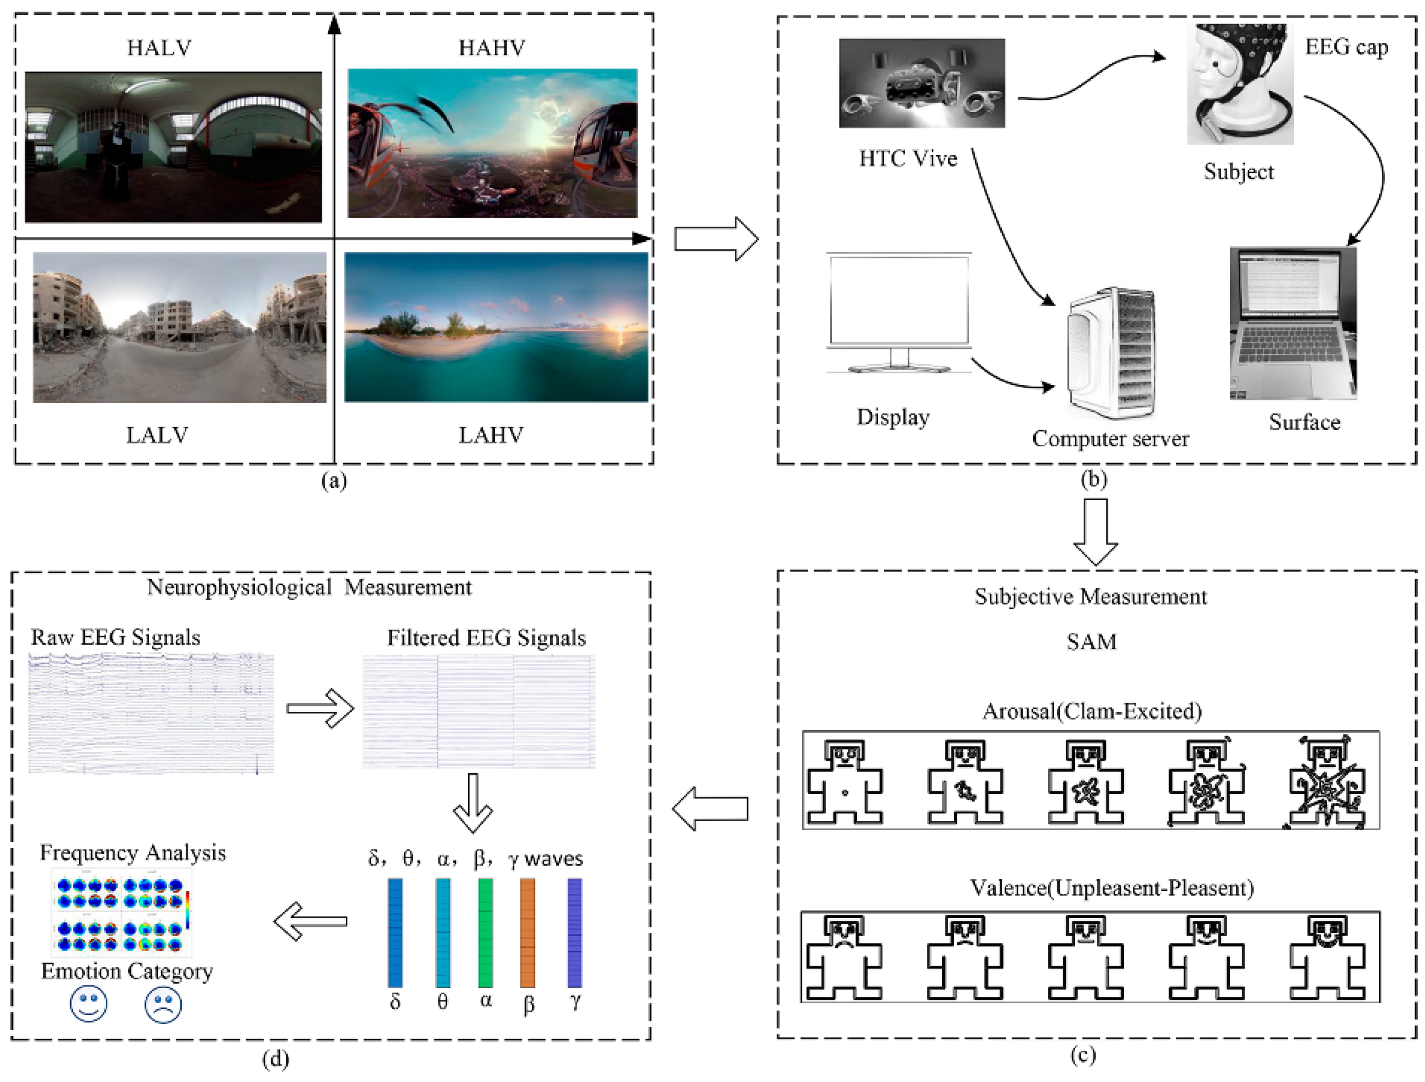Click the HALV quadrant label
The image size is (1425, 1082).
click(159, 48)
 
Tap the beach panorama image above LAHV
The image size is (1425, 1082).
click(496, 327)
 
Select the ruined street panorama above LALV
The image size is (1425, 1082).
click(179, 327)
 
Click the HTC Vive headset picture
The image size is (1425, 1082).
click(921, 83)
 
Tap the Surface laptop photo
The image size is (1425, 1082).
click(1293, 324)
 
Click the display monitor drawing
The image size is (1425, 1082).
click(899, 313)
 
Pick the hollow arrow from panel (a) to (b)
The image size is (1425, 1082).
click(716, 239)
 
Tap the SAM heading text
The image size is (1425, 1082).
click(1091, 642)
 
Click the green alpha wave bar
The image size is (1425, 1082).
click(486, 932)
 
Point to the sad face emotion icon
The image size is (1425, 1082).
click(163, 1005)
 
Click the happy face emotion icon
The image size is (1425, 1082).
click(88, 1004)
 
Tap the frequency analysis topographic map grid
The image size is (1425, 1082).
click(122, 911)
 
